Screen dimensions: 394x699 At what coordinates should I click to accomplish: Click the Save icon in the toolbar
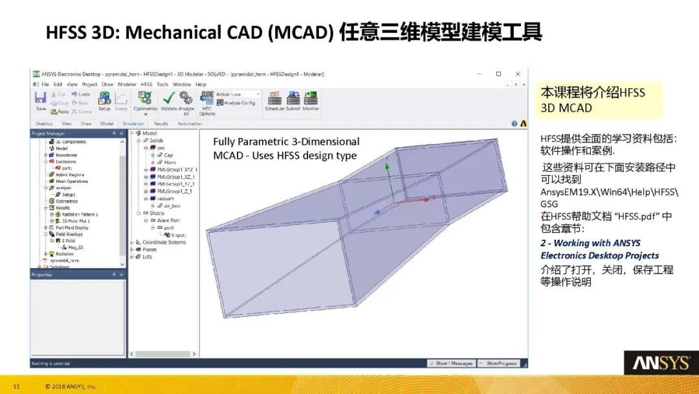(41, 98)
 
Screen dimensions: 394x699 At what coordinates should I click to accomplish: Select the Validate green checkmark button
(169, 99)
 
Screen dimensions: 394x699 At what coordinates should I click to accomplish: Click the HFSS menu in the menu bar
(146, 84)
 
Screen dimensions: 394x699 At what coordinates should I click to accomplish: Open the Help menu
(201, 84)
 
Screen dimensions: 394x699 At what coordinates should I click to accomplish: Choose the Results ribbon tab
(161, 123)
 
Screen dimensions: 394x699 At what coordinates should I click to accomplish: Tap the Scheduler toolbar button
(274, 99)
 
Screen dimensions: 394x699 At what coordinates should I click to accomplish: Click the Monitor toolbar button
(311, 99)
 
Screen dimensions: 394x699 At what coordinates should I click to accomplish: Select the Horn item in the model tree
(169, 162)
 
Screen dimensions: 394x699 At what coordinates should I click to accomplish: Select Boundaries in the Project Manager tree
(66, 155)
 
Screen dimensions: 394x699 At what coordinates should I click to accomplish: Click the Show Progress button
(501, 364)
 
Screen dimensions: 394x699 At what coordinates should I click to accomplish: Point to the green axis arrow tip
(387, 162)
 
